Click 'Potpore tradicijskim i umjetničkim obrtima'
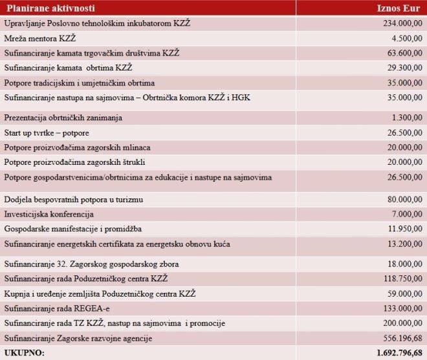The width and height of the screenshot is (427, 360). coord(80,83)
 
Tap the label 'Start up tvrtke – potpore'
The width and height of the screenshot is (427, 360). coord(47,132)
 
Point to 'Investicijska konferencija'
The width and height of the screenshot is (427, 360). coord(49,214)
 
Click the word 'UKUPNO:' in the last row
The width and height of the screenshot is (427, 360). coord(24,353)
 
